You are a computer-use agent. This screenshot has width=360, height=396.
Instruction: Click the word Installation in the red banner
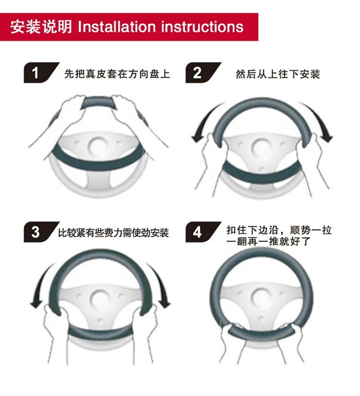tap(117, 27)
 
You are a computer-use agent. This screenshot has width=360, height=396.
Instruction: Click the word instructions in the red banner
tap(202, 27)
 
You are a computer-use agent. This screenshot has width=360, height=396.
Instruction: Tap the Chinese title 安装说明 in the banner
tap(41, 27)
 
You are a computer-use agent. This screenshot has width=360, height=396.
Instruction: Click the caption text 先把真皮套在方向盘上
tap(117, 74)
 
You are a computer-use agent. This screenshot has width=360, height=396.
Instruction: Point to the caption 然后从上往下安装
tap(278, 74)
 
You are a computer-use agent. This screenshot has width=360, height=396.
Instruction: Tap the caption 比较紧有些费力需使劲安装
tap(113, 233)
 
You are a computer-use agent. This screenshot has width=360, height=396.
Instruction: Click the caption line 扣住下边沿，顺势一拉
tap(279, 230)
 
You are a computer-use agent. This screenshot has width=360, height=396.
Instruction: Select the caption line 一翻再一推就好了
tap(268, 242)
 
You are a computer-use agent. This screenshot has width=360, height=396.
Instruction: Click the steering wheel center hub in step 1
tap(98, 147)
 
